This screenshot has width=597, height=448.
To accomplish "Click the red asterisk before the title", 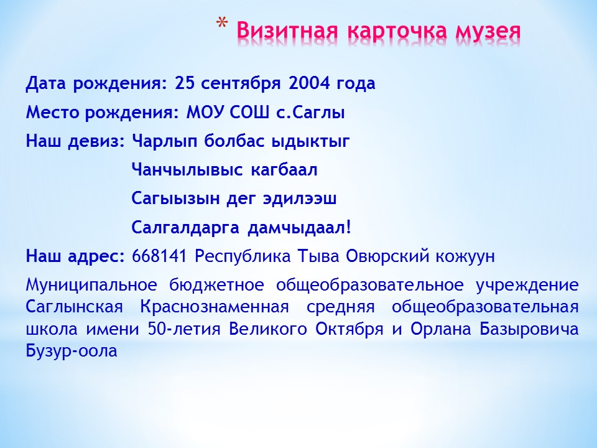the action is click(221, 24).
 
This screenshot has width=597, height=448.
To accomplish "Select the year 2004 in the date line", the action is click(309, 83).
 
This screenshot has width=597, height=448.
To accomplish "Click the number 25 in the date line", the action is click(184, 83).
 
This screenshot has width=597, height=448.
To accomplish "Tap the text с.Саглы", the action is click(310, 113).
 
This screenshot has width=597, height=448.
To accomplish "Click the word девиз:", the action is click(96, 142).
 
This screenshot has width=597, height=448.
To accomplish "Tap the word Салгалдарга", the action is click(185, 228).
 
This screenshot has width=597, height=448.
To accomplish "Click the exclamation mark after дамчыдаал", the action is click(348, 228).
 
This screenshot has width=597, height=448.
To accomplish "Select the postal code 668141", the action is click(159, 256).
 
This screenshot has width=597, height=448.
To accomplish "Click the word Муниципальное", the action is click(91, 285).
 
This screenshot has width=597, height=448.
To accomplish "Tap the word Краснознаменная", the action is click(215, 307).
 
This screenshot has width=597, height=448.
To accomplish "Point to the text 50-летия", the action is click(184, 329).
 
